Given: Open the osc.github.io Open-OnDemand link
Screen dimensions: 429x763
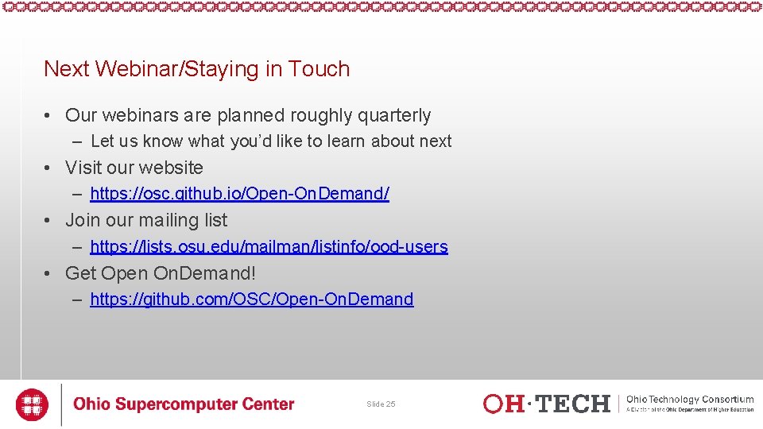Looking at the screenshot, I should pyautogui.click(x=239, y=194).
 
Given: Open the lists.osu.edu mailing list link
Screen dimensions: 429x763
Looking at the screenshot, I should pyautogui.click(x=269, y=247).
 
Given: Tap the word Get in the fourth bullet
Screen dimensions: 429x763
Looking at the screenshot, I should pyautogui.click(x=80, y=273).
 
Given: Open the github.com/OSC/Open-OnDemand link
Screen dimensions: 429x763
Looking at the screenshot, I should pyautogui.click(x=251, y=300).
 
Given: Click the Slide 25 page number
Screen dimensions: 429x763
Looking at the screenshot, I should pyautogui.click(x=381, y=404).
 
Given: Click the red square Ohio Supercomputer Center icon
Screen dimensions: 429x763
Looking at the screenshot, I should pyautogui.click(x=33, y=404).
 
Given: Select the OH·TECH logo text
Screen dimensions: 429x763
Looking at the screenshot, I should pyautogui.click(x=546, y=404).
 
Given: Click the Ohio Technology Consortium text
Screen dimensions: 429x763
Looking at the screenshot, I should pyautogui.click(x=690, y=400).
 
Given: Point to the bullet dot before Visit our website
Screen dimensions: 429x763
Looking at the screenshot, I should pyautogui.click(x=49, y=168).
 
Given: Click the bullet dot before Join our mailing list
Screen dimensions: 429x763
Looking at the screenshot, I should pyautogui.click(x=49, y=221).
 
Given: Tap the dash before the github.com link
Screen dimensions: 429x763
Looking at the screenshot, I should pyautogui.click(x=76, y=300).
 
